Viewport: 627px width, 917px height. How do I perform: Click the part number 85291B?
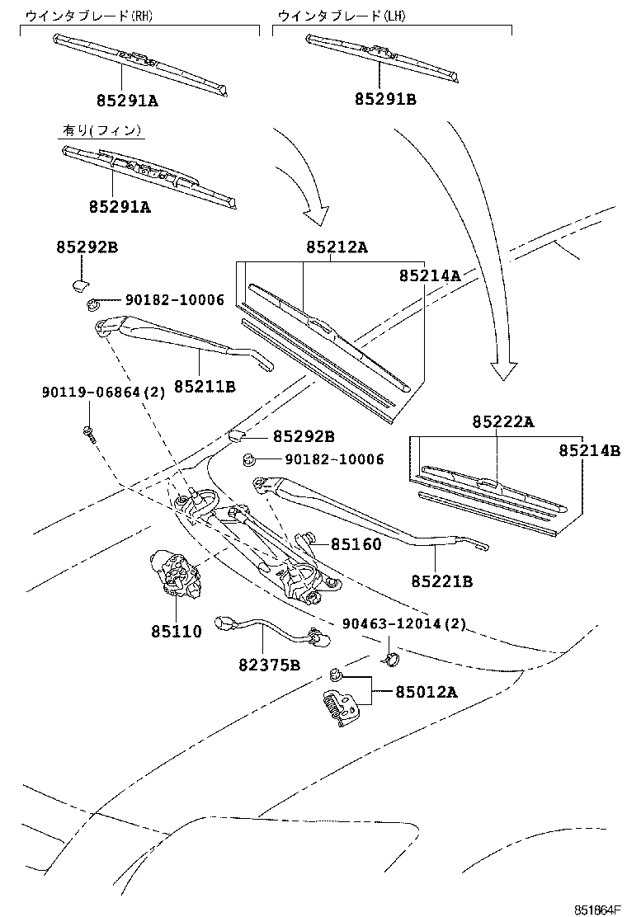385,100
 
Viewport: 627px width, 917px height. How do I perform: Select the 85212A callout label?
337,247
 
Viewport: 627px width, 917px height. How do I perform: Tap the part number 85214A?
430,275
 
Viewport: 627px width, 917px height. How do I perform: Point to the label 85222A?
503,421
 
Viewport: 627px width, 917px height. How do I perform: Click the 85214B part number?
588,450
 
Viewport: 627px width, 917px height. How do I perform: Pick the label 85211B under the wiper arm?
204,385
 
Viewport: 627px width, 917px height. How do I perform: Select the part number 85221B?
442,581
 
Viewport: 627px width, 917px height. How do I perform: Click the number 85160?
356,544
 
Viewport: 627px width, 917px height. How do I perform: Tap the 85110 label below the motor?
176,632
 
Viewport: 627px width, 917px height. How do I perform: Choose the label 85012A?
426,691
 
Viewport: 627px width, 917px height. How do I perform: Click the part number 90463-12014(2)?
405,623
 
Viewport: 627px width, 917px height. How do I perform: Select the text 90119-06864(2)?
103,393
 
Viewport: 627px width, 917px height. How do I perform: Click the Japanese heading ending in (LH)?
342,16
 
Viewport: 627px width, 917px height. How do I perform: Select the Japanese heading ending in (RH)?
89,16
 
